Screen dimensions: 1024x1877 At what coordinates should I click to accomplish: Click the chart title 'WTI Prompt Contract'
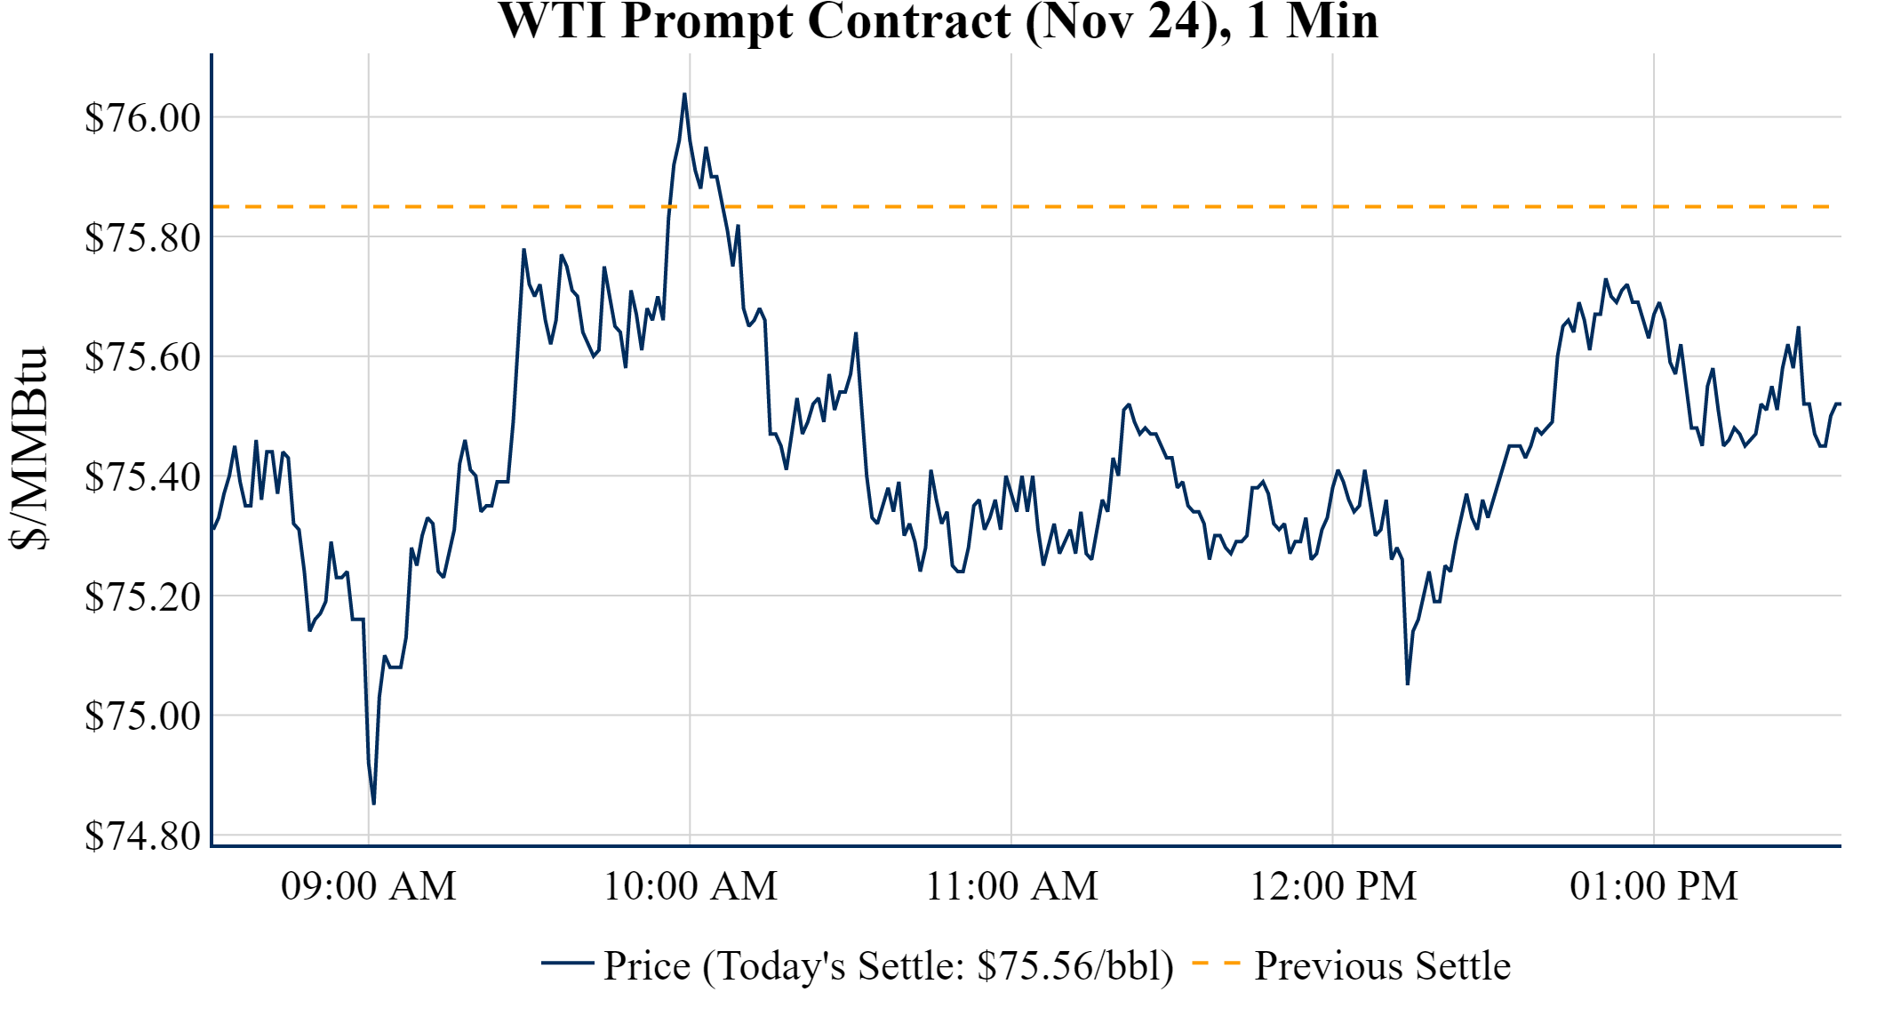(938, 21)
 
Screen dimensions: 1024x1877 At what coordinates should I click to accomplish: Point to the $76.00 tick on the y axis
(143, 117)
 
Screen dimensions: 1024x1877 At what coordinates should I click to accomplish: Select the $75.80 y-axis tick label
(143, 237)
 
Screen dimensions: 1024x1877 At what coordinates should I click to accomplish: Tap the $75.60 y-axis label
(143, 356)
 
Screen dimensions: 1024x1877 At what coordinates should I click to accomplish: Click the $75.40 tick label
(143, 476)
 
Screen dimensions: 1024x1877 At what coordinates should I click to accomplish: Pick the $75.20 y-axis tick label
(143, 596)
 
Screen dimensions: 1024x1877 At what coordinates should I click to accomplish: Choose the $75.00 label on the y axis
(143, 716)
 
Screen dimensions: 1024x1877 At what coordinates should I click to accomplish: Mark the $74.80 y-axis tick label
(143, 836)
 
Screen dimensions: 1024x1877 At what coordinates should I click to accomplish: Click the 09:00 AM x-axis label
(369, 886)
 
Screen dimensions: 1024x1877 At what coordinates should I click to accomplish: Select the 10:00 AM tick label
(691, 886)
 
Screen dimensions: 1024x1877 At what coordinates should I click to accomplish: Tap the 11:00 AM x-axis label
(1012, 886)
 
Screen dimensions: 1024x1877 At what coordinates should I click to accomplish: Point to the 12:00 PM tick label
(1333, 886)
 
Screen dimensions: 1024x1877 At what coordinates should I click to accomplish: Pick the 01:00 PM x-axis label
(1654, 886)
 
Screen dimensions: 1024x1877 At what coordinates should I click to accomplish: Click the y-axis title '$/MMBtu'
(28, 449)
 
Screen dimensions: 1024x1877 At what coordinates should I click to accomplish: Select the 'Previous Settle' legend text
(1382, 965)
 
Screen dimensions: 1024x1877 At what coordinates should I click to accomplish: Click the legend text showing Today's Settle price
(889, 965)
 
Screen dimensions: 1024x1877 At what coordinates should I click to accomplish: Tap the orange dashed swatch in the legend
(1215, 964)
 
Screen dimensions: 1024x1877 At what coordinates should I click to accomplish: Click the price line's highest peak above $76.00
(684, 94)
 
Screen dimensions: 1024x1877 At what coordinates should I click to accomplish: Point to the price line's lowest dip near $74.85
(374, 804)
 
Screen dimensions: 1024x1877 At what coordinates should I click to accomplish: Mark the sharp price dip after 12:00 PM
(1408, 684)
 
